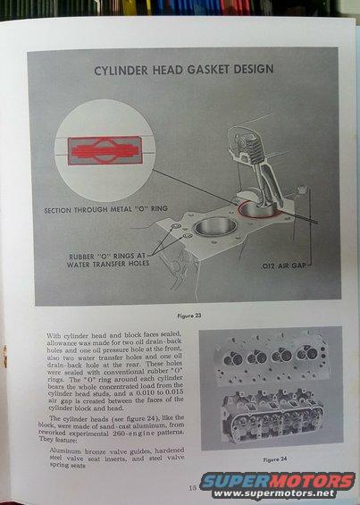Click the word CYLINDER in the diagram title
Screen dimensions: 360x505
[x=121, y=71]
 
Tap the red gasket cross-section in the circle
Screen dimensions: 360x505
[x=105, y=151]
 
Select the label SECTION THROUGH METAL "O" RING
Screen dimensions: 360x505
[x=106, y=210]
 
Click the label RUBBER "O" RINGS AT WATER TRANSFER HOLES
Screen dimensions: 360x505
[x=108, y=260]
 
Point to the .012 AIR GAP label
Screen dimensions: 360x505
[x=283, y=266]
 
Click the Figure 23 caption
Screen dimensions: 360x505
[x=189, y=316]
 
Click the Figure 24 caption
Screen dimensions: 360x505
[x=274, y=459]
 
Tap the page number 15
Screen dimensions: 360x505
[x=192, y=488]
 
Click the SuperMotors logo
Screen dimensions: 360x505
[x=278, y=482]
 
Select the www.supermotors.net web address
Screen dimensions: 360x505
[x=274, y=493]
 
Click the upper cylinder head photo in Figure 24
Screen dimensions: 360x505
[x=271, y=358]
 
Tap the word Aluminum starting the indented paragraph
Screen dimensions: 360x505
[x=64, y=451]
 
